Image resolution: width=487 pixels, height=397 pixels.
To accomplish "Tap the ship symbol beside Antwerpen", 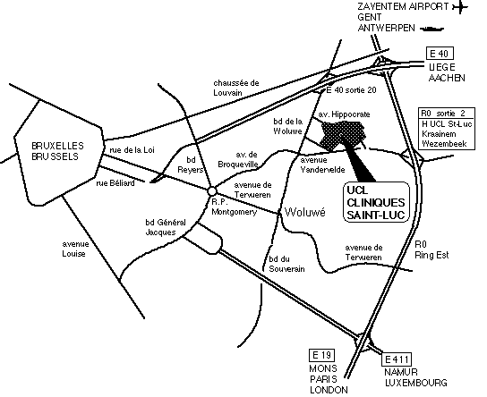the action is point(431,29).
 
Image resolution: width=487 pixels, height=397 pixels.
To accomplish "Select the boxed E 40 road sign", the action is point(440,54).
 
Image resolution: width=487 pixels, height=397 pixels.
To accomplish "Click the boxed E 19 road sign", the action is point(321,355).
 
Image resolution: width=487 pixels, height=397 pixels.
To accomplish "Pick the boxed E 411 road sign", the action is point(397,359).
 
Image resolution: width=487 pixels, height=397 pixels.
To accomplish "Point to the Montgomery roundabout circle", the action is point(212,191).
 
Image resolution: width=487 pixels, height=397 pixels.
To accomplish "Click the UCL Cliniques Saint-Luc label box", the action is point(376,202).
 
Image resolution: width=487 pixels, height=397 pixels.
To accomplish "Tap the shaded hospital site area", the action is point(342,135).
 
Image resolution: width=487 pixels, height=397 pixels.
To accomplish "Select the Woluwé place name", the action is point(305,212).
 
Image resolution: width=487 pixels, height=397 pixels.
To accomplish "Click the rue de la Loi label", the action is point(132,150).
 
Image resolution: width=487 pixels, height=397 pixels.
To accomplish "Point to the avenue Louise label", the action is point(75,249).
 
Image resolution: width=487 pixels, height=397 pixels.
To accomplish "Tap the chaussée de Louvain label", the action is point(236,88).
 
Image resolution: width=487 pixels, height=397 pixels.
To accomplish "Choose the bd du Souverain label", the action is point(286,264).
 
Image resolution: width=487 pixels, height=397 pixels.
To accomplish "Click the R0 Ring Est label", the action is point(431,249).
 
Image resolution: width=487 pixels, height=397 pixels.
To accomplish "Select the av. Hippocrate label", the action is point(344,114).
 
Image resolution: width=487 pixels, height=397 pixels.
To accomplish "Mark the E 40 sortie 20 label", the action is point(351,90).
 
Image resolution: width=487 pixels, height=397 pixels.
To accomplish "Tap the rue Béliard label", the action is point(115,183).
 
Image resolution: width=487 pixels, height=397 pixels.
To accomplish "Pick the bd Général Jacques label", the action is point(166,227).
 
